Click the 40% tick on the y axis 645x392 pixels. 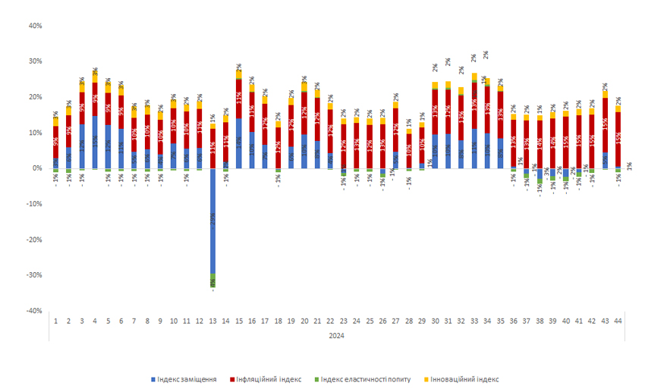coord(34,26)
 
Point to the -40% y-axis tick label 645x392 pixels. coord(33,310)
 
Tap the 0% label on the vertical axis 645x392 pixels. coord(36,168)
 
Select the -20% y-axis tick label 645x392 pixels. coord(33,240)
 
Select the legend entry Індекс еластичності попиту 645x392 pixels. coord(363,378)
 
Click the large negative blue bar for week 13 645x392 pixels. coord(212,220)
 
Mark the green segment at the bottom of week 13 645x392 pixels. coord(212,280)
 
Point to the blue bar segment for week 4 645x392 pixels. coord(95,143)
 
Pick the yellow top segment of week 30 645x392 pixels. coord(436,86)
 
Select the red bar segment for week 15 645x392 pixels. coord(239,99)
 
